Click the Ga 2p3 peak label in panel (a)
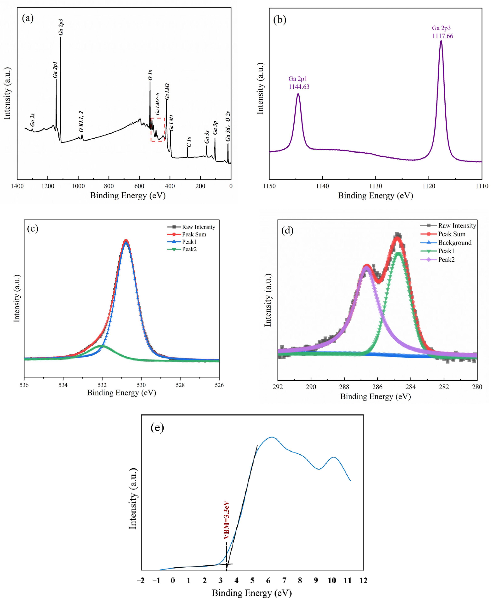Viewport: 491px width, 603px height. (61, 27)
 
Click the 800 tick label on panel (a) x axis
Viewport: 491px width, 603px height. (109, 186)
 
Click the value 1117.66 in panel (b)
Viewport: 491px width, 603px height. (442, 36)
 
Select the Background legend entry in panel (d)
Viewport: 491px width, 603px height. (455, 243)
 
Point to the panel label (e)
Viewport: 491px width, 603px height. (157, 427)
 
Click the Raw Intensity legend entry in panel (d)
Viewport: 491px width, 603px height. (457, 226)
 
